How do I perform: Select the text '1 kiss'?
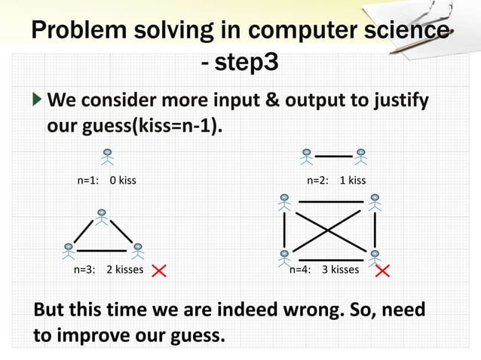[352, 181]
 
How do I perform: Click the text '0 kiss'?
[123, 181]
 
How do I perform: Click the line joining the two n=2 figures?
[333, 156]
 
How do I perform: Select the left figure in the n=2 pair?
[306, 156]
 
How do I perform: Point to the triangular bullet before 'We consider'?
[38, 100]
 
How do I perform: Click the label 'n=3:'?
[84, 270]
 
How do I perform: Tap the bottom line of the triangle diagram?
[102, 249]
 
